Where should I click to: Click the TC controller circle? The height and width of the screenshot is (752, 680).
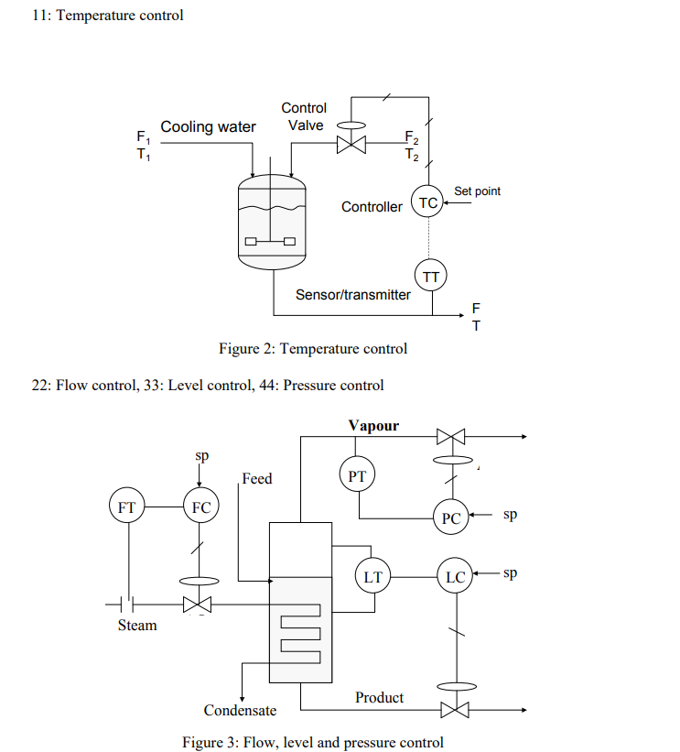click(x=427, y=202)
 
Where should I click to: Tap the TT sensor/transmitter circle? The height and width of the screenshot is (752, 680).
click(x=429, y=274)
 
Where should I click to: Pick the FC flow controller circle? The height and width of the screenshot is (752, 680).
click(x=200, y=506)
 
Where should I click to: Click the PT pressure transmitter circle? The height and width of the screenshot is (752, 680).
click(x=357, y=475)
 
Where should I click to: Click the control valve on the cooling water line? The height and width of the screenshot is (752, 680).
click(x=350, y=144)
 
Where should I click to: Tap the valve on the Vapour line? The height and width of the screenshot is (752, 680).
click(x=450, y=438)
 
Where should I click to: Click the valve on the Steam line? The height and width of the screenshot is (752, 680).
click(x=197, y=604)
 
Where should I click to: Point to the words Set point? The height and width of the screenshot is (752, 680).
click(x=477, y=191)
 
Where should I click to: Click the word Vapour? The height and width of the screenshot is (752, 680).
click(x=373, y=426)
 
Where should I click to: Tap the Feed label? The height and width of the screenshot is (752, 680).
click(x=256, y=478)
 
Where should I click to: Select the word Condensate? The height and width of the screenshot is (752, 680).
click(x=240, y=711)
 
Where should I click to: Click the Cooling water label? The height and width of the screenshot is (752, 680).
click(x=209, y=126)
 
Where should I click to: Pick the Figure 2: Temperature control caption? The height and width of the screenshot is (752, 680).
click(x=313, y=348)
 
